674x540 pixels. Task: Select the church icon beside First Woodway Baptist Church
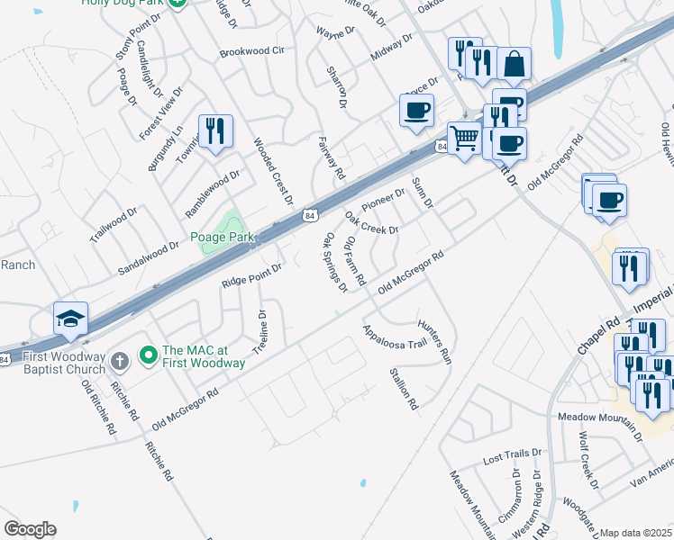121,360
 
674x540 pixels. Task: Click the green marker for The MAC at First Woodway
149,357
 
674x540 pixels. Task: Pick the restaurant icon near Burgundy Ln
215,131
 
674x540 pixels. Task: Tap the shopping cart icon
464,139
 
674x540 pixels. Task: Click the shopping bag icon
513,64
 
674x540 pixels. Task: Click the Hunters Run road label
434,339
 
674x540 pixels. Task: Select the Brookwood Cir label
251,52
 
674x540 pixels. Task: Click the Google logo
30,529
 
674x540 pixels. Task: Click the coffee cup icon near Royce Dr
417,112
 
